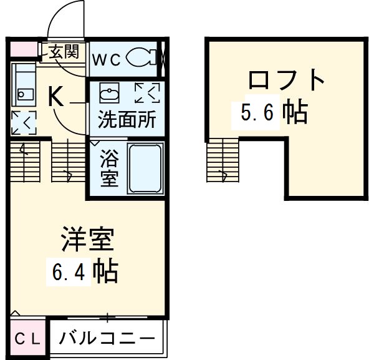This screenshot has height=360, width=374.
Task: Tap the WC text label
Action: (107, 60)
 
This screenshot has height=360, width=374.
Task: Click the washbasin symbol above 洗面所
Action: (110, 94)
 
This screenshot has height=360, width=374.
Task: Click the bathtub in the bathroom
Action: (145, 168)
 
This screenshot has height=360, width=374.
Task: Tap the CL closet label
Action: (27, 339)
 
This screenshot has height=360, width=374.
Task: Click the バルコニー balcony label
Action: (107, 339)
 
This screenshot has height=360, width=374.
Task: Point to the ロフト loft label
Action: (287, 80)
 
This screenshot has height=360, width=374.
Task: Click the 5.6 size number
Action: (257, 113)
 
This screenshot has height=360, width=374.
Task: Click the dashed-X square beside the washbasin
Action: (147, 94)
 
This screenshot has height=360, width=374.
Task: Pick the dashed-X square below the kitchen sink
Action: (24, 122)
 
